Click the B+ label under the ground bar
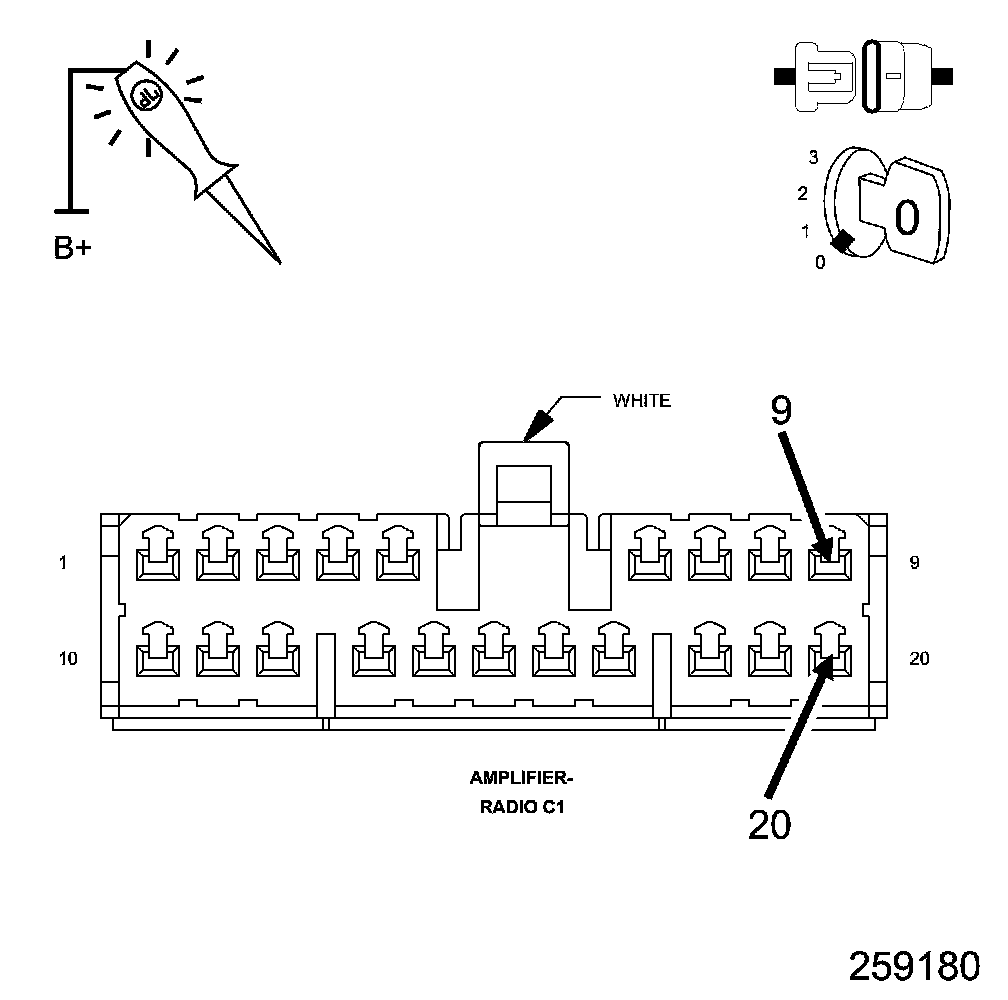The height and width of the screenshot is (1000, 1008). click(x=71, y=247)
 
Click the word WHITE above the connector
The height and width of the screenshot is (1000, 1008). click(x=641, y=401)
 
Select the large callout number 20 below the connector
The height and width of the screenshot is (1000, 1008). click(x=769, y=824)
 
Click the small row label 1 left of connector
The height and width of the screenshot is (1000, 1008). click(x=63, y=563)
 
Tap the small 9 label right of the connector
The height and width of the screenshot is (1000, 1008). click(x=914, y=563)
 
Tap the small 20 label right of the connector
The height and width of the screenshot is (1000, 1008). click(x=920, y=658)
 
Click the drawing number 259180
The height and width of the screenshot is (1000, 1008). click(x=914, y=966)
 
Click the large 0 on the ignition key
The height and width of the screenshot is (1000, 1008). click(x=906, y=216)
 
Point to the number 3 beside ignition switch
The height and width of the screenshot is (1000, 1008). click(x=814, y=157)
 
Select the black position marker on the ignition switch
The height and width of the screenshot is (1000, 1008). click(x=843, y=241)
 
